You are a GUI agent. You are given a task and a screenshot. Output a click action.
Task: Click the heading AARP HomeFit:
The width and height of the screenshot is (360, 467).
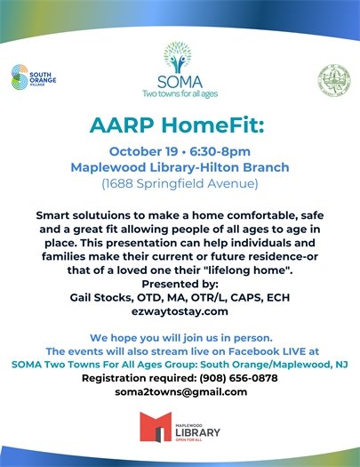[x=180, y=122]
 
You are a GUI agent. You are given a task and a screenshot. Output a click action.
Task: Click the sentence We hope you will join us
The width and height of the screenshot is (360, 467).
[x=180, y=338]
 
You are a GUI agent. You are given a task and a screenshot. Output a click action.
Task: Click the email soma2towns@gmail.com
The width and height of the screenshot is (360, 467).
[x=180, y=391]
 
